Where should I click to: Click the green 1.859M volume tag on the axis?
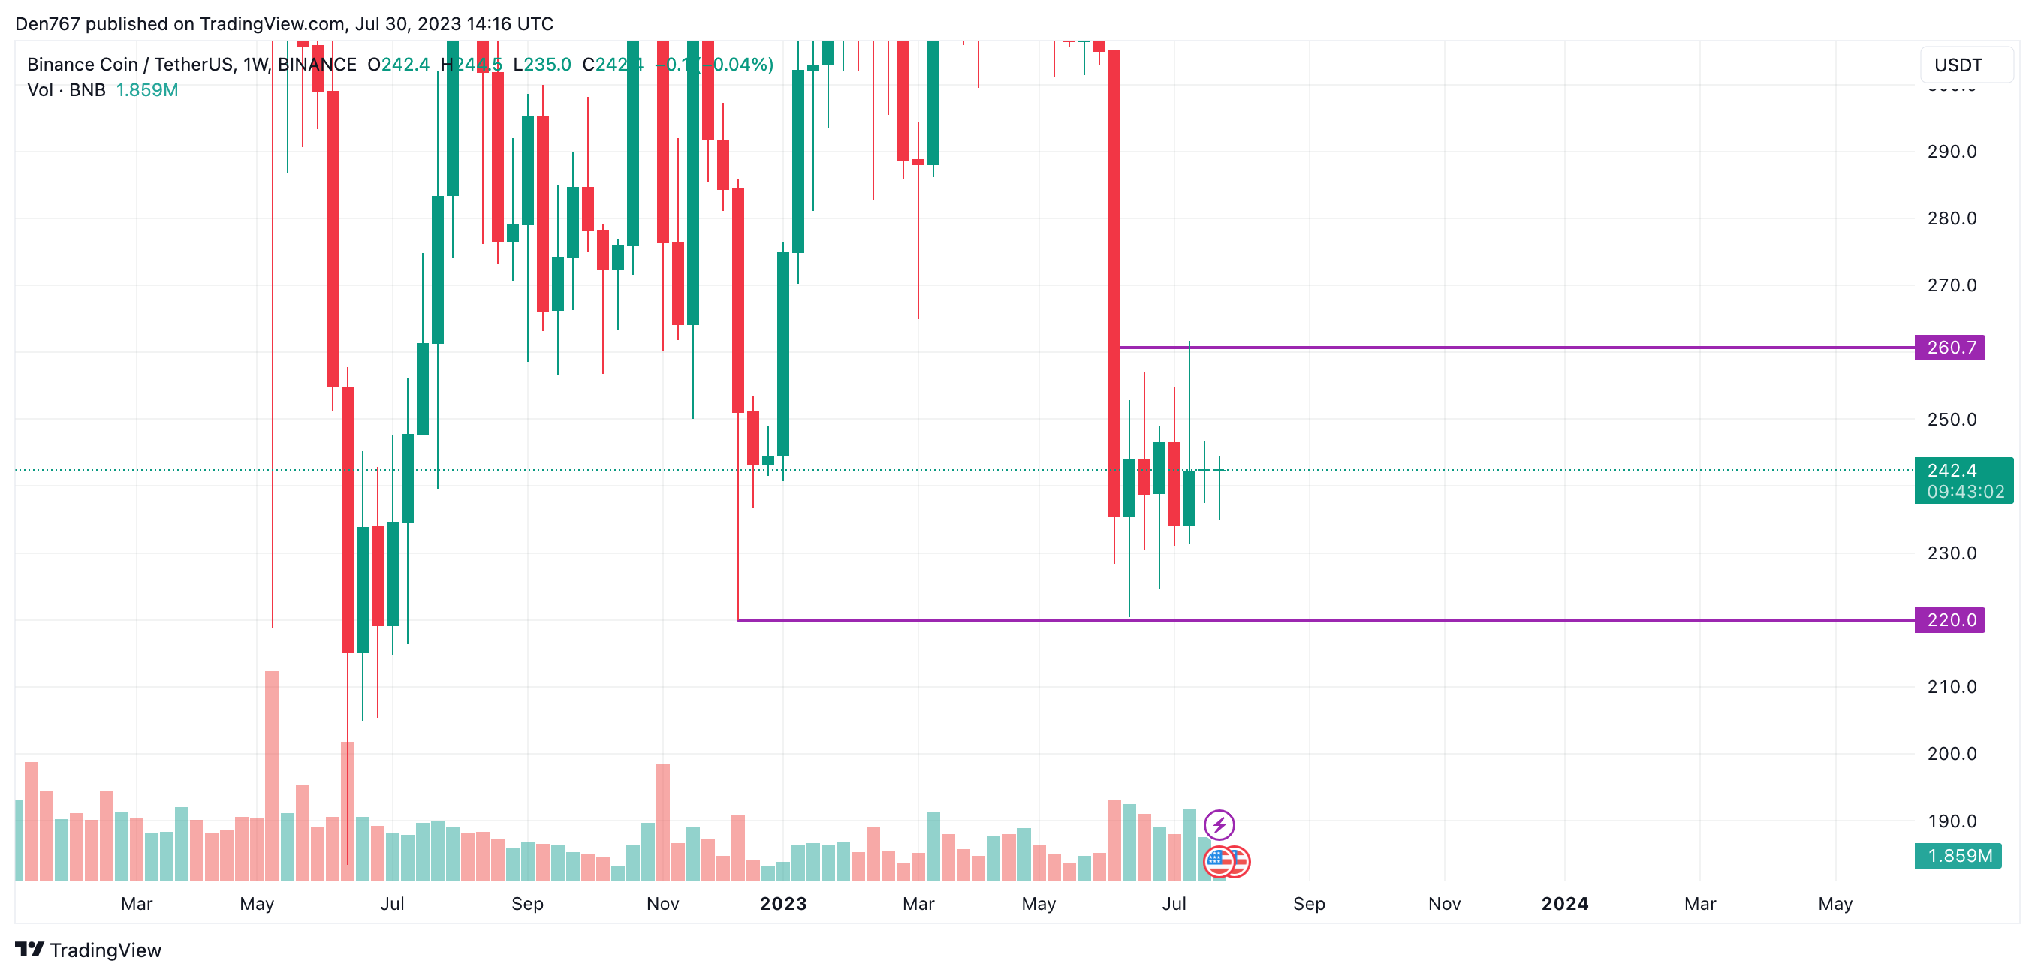(1958, 855)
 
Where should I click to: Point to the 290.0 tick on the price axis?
(1951, 152)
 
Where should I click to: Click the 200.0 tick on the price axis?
(1951, 753)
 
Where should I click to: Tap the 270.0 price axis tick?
(1951, 285)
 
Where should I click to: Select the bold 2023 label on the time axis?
(783, 903)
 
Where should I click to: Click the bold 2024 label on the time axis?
(1564, 903)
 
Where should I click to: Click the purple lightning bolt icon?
(1219, 825)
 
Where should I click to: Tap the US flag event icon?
(1219, 861)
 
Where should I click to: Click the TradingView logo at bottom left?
(89, 950)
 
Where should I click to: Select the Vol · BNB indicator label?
(66, 90)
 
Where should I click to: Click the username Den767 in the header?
(47, 24)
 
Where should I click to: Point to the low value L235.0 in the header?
(542, 65)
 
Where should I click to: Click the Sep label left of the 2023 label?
(527, 903)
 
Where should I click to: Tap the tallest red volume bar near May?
(272, 774)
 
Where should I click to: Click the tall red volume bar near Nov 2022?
(663, 821)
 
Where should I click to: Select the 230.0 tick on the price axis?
(1951, 553)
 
